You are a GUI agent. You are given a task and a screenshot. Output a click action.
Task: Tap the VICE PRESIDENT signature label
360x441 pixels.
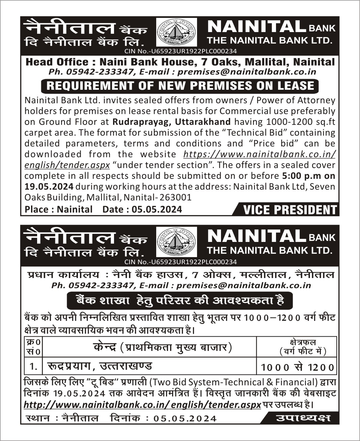coord(289,210)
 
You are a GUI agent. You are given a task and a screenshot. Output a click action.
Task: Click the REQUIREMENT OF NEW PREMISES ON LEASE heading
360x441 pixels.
coord(180,86)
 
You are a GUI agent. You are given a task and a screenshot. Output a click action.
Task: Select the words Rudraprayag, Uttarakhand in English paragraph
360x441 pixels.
coord(172,122)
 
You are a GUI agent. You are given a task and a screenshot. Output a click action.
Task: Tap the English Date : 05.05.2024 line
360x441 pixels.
coord(142,210)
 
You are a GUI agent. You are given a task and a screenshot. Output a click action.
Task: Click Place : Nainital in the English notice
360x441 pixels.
coord(58,210)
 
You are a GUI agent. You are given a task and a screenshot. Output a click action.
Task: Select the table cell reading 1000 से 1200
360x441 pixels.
coord(297,367)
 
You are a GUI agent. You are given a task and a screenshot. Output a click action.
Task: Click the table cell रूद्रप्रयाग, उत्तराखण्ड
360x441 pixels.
coord(100,366)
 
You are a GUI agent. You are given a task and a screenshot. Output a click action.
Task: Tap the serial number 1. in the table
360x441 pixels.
coord(33,366)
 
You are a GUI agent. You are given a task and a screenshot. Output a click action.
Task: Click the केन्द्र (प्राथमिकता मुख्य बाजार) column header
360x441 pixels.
coord(163,347)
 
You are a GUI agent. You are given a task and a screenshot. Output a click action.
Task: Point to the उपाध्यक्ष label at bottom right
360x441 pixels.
coord(303,418)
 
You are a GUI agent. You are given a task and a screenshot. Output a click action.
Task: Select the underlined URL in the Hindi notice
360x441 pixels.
coord(142,405)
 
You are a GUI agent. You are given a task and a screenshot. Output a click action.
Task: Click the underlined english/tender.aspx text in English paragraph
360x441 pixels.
coord(67,165)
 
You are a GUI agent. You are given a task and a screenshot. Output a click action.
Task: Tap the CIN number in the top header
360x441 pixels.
coord(181,51)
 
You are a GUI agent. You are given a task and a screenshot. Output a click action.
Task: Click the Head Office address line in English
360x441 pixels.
coord(180,62)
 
